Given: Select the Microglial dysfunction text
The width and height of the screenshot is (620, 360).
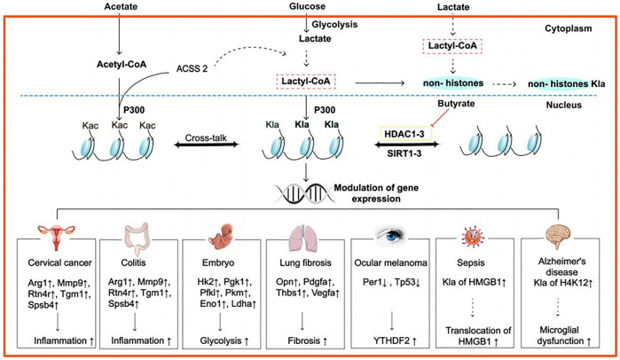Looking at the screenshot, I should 561,337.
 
